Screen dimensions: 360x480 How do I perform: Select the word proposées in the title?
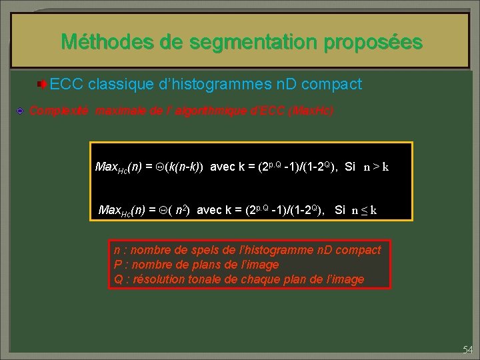[373, 43]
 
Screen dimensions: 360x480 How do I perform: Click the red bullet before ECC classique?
[42, 85]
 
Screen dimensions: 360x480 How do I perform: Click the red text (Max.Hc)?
[307, 111]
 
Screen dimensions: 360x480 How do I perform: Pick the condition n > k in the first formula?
[376, 167]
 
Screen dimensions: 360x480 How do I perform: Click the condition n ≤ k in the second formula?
[364, 211]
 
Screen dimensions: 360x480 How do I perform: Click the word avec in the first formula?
[221, 167]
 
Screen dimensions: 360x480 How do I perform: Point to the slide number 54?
[467, 349]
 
